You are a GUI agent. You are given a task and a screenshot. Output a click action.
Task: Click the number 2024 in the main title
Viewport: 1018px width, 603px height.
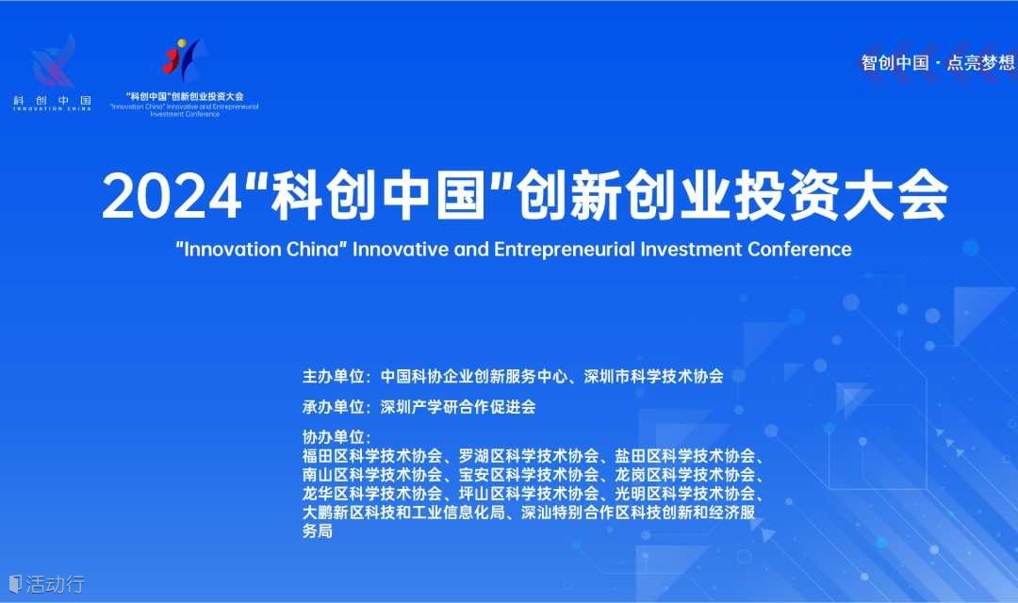172,197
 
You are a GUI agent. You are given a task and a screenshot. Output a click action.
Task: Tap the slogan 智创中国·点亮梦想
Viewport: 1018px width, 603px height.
938,63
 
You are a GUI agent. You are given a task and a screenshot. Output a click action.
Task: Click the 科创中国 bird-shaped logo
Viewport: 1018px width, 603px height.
53,62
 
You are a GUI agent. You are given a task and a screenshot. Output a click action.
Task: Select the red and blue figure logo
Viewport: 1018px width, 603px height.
183,59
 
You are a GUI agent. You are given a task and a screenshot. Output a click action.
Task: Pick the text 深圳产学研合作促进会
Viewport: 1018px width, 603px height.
458,407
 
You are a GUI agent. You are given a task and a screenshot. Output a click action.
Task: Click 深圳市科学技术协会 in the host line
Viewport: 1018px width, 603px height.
654,377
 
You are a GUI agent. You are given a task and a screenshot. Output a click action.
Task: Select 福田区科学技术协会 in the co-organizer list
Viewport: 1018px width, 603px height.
372,456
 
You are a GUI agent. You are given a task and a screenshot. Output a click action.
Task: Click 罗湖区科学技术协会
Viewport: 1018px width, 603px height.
529,456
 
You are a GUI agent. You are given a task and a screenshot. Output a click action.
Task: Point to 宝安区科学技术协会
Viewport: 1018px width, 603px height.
529,475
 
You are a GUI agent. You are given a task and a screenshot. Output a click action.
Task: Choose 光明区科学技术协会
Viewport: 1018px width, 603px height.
685,494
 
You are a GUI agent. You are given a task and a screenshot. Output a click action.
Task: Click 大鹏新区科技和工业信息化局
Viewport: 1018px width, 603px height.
403,513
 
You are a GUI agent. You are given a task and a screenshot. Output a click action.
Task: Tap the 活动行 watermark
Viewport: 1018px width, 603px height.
47,583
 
